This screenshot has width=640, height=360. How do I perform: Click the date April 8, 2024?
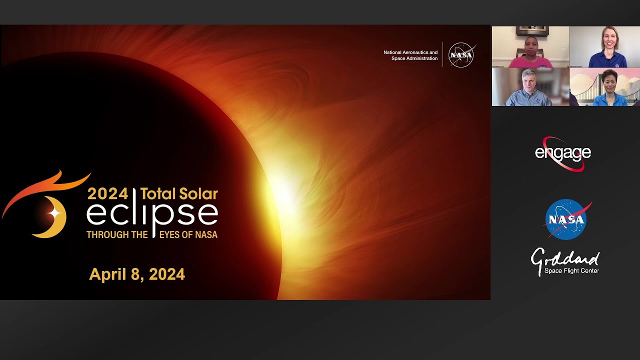[137, 274]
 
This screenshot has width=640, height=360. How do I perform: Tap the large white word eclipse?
[152, 213]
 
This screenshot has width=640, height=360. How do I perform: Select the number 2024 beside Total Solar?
[107, 193]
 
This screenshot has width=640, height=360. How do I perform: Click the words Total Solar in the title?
[179, 193]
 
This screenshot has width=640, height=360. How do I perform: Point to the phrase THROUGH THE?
[117, 234]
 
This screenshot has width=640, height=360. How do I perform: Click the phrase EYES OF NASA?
[188, 234]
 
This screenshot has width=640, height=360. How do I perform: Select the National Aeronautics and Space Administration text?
[410, 55]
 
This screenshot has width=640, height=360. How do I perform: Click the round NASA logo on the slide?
[461, 55]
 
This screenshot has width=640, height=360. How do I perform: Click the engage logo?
[563, 153]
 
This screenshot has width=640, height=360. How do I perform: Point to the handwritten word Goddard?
[565, 259]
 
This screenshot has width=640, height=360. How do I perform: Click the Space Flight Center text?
[571, 271]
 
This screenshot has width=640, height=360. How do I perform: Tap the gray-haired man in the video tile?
[528, 89]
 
